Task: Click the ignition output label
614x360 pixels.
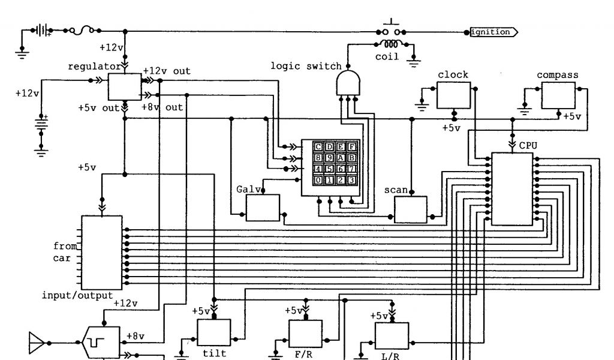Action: (x=492, y=32)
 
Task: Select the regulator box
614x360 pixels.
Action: (x=124, y=87)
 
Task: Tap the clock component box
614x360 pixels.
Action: (x=453, y=95)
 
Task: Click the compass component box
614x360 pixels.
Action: (x=558, y=95)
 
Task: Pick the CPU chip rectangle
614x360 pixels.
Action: (x=513, y=188)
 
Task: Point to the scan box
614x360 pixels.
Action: (x=410, y=209)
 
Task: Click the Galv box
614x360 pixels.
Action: (x=262, y=208)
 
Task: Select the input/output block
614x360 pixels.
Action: (x=102, y=252)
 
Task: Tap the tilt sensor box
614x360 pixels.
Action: (x=214, y=332)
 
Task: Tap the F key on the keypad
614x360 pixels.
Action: (x=352, y=147)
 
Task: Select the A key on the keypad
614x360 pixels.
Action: (x=341, y=158)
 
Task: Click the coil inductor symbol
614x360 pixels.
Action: (x=391, y=44)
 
